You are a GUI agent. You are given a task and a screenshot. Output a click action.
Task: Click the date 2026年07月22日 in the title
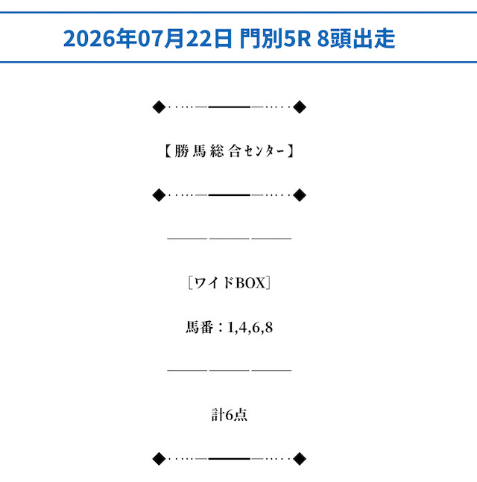148,39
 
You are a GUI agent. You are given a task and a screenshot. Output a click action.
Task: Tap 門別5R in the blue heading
275,39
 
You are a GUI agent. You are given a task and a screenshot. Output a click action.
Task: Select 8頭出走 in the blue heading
356,39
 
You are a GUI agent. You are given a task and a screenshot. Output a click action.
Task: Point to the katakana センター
265,151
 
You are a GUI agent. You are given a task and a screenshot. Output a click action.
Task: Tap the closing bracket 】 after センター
291,151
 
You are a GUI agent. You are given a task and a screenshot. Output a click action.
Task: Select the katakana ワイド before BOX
214,283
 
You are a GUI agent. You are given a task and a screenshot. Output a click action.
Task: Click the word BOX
250,283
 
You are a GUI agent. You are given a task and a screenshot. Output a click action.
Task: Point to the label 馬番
199,327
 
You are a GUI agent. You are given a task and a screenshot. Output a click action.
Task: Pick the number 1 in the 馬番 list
230,328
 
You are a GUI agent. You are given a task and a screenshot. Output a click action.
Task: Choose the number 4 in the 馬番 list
243,328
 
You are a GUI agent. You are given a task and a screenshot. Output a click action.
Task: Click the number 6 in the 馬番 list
256,328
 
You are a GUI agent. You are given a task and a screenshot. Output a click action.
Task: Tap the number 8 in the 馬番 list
269,328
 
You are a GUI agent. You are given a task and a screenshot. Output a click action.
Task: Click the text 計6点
230,415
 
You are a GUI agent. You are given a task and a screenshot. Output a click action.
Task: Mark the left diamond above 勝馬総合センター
159,107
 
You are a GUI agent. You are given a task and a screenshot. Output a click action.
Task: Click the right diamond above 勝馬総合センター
300,107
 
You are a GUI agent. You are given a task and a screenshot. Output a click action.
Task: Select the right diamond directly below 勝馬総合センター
300,195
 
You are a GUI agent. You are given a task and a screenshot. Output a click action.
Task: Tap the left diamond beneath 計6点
159,459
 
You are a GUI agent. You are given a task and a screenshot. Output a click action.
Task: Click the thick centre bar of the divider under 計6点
230,459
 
